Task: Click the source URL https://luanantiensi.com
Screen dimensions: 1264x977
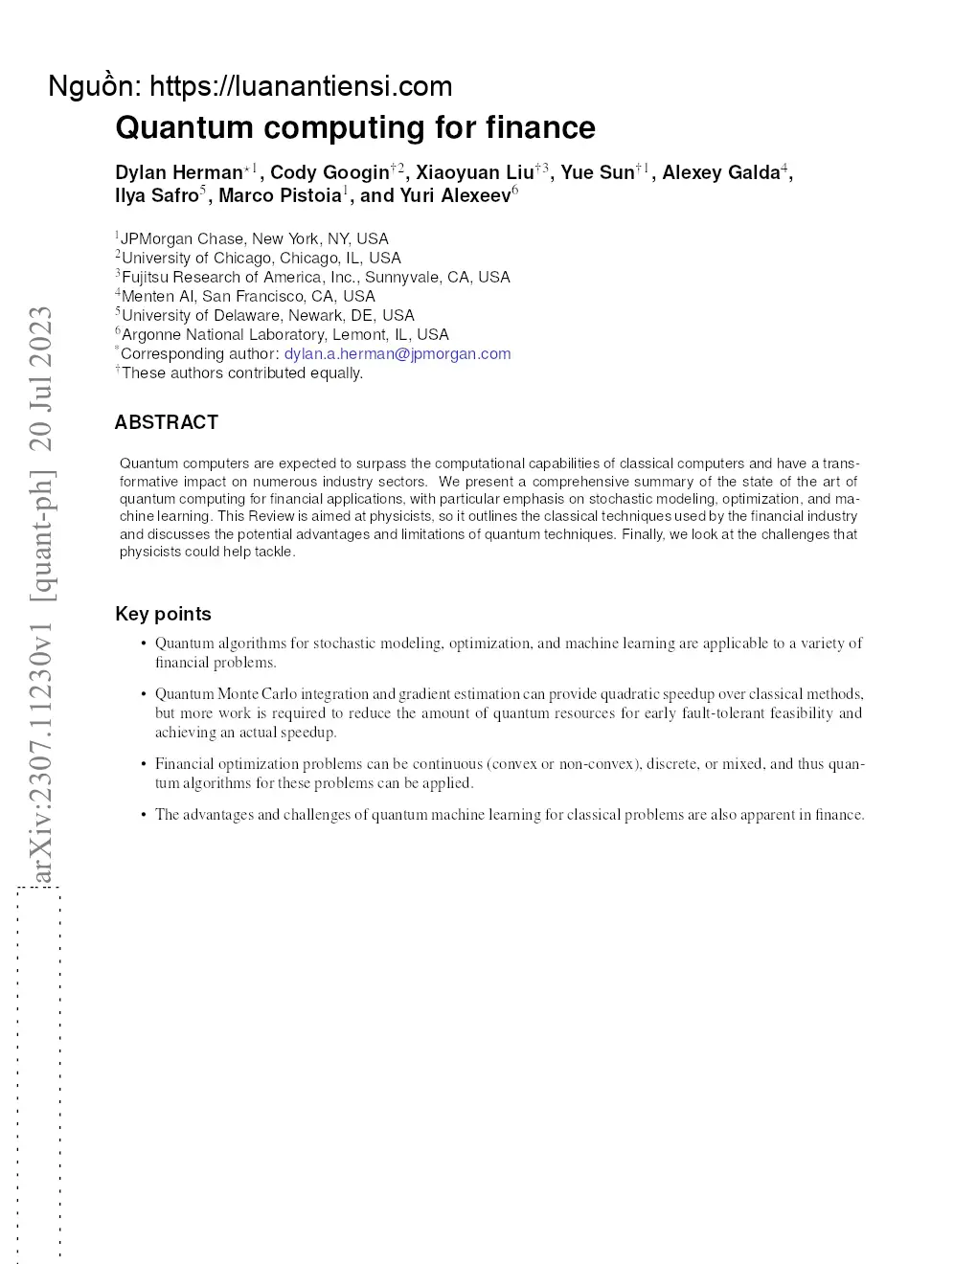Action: [x=301, y=86]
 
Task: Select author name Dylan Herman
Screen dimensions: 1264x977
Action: [x=179, y=172]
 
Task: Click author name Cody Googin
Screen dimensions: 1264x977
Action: [x=329, y=172]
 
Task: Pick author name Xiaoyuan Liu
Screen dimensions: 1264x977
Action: [x=474, y=172]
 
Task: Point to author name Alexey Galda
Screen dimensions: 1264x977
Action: [x=720, y=172]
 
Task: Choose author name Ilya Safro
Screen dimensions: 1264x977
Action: [x=156, y=195]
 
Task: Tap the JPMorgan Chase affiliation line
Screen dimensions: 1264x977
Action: [x=255, y=238]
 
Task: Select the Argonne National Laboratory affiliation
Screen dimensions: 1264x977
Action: [x=284, y=334]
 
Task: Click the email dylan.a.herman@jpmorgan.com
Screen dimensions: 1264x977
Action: [x=398, y=353]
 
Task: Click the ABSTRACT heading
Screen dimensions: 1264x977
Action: [x=167, y=422]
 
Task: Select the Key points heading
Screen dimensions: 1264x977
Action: [x=163, y=614]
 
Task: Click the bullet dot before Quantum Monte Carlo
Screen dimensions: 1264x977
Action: [x=143, y=694]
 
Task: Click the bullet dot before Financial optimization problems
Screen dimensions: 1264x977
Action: [x=143, y=764]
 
